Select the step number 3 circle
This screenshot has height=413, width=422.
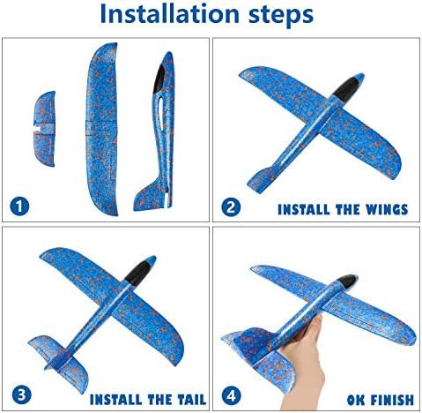tap(20, 395)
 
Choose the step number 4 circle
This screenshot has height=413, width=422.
tap(230, 395)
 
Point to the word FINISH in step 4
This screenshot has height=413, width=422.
tap(378, 398)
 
